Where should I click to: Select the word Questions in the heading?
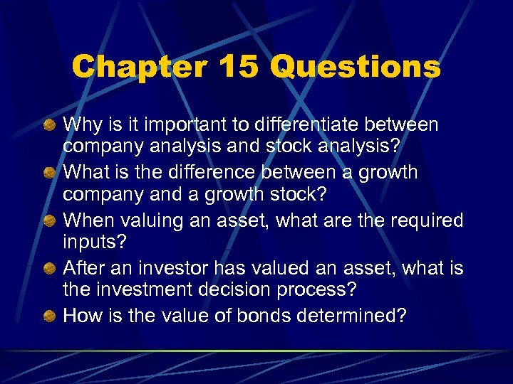[x=356, y=68]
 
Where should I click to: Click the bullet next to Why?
[x=48, y=126]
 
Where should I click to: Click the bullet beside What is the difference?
[x=48, y=174]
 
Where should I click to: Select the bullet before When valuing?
[x=48, y=221]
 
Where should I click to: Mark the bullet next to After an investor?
[x=48, y=269]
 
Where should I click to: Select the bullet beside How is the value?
[x=48, y=316]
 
